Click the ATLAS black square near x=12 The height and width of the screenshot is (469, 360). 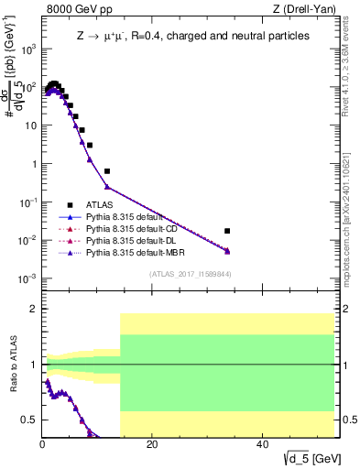click(x=107, y=171)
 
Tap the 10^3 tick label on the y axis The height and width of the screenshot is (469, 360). click(x=27, y=49)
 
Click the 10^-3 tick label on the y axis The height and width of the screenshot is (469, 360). click(x=27, y=278)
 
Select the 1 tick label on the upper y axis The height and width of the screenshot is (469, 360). click(x=33, y=164)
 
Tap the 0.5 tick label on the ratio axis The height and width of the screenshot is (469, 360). click(x=29, y=420)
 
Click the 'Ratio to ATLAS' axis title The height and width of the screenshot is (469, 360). click(x=12, y=365)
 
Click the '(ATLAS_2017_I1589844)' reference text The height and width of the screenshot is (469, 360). click(x=189, y=273)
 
